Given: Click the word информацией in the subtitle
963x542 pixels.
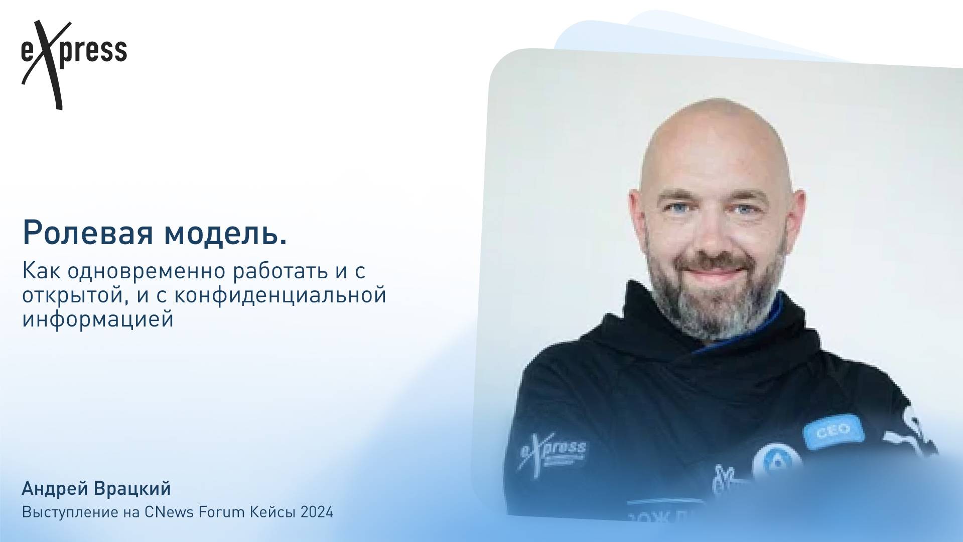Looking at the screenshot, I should point(98,319).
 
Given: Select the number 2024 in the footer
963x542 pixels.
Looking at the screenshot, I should point(317,512).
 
